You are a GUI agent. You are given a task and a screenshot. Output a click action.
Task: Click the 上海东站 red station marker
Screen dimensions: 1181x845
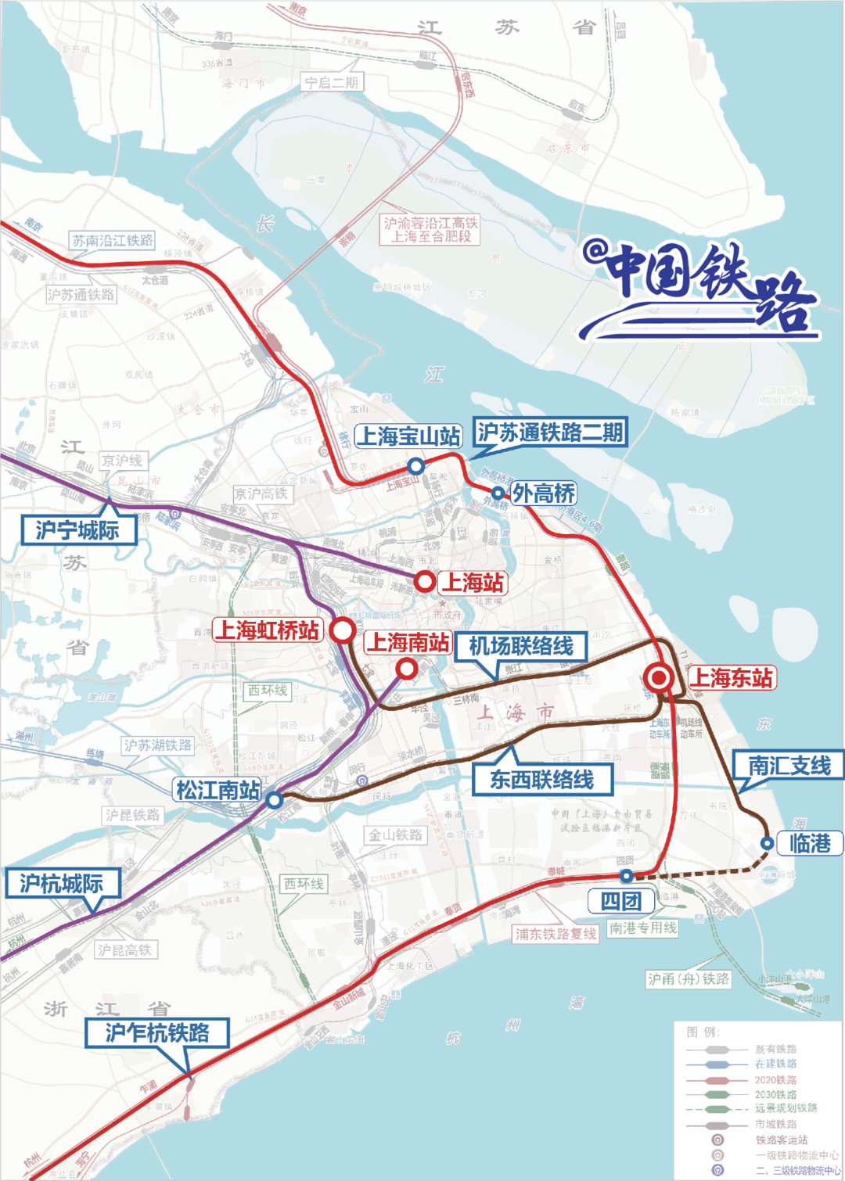pos(660,677)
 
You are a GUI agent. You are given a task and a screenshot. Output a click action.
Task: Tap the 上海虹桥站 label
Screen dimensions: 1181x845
pos(268,630)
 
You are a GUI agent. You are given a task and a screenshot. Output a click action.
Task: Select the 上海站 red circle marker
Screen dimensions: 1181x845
pos(425,582)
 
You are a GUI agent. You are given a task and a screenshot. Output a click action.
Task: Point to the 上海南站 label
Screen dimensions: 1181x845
pos(408,643)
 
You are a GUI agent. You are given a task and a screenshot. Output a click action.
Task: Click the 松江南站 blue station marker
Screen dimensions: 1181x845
pos(274,800)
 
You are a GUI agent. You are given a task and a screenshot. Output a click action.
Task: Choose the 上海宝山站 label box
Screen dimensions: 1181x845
pos(408,436)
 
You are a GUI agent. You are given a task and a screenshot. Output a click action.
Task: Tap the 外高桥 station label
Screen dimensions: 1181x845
pos(544,494)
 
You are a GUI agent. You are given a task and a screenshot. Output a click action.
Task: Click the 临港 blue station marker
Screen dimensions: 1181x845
pos(768,843)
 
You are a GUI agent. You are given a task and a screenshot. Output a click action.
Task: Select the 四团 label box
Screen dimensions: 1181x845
pos(620,901)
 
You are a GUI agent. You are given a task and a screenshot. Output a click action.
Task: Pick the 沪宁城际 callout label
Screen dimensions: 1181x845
pos(78,530)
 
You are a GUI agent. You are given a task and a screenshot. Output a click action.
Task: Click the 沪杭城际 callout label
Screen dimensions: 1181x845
pos(62,884)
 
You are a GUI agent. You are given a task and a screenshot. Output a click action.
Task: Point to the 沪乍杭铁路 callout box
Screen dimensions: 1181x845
pos(157,1033)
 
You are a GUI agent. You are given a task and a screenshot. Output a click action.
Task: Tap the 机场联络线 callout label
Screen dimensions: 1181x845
pos(521,647)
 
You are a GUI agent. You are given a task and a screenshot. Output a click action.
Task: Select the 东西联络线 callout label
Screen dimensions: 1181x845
pos(542,780)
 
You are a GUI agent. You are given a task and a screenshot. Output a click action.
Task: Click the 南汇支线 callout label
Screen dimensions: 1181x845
pos(789,766)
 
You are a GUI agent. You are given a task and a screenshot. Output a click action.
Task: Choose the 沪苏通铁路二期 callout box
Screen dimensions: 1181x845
pos(551,432)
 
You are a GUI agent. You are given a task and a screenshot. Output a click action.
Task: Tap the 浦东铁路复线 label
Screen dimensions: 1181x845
pos(556,934)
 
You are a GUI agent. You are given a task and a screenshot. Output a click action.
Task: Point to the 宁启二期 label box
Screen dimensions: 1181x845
pos(332,82)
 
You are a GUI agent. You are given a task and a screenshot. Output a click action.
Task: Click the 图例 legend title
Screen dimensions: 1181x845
pos(702,1032)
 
